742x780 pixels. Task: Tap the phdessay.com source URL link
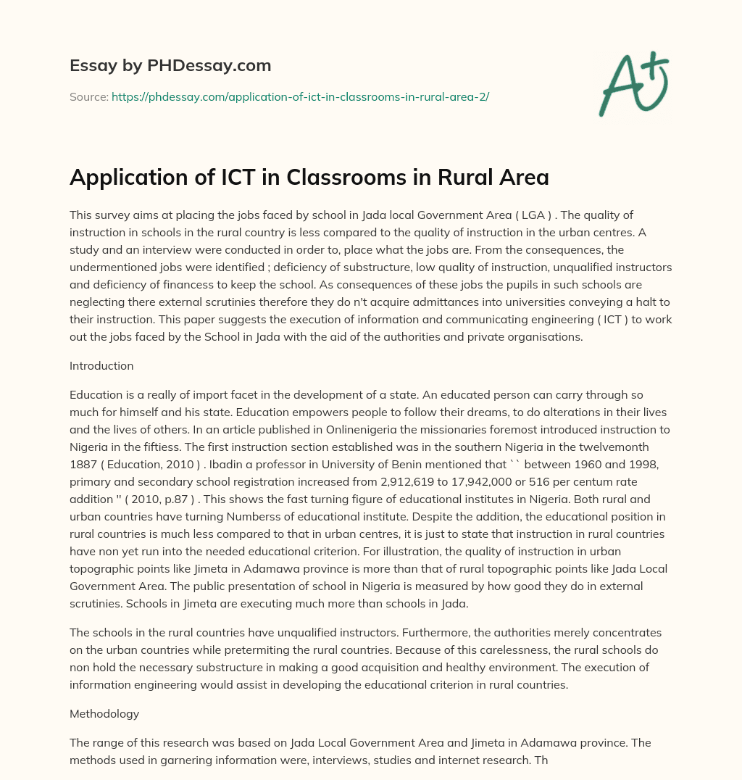pos(300,96)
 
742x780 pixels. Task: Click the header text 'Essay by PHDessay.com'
pos(170,66)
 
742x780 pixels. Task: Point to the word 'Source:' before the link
pos(88,96)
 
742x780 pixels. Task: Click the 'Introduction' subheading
pos(101,365)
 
